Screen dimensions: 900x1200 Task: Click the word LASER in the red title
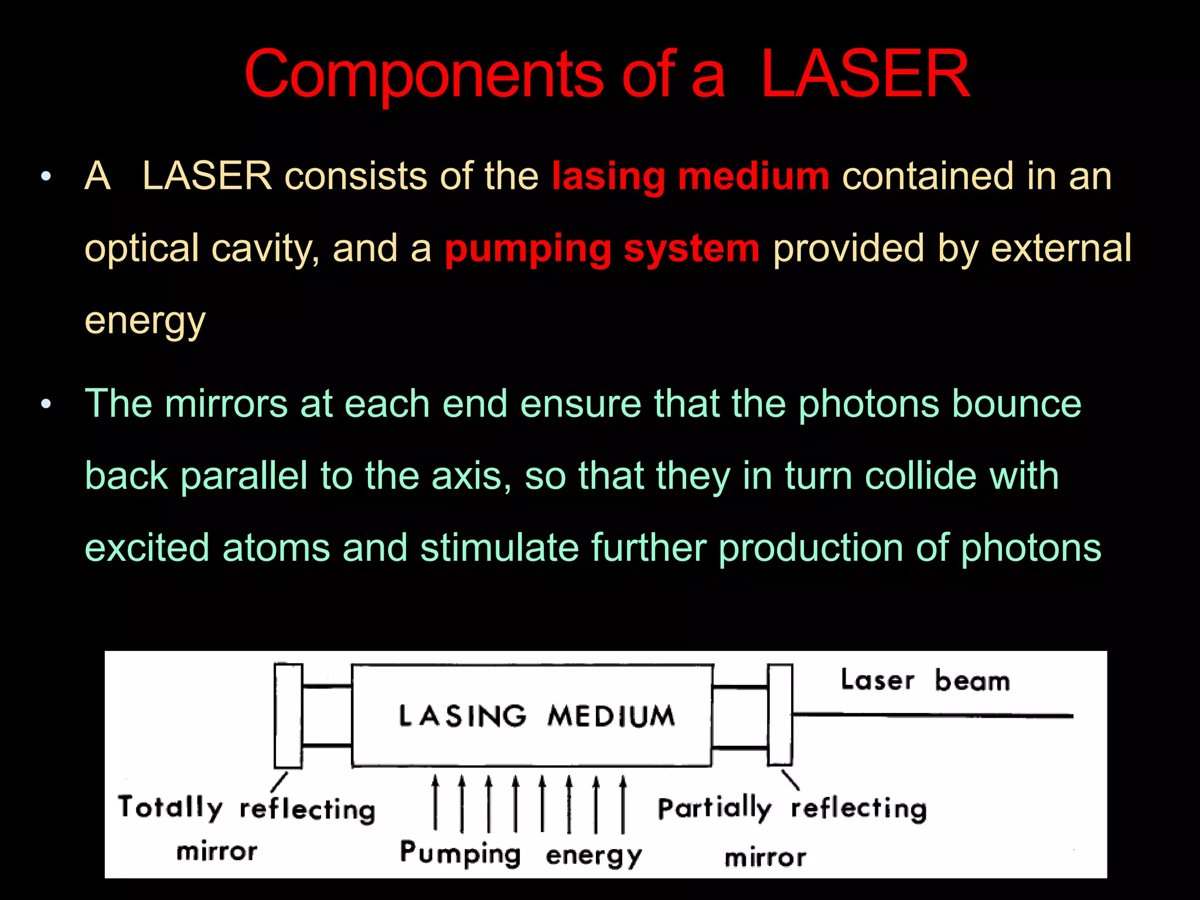pyautogui.click(x=865, y=74)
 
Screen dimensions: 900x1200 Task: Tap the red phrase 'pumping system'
pyautogui.click(x=602, y=248)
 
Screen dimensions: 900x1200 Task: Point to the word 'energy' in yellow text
pyautogui.click(x=145, y=321)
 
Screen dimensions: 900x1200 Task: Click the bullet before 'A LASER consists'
pyautogui.click(x=46, y=176)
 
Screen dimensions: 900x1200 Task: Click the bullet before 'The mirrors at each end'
pyautogui.click(x=46, y=404)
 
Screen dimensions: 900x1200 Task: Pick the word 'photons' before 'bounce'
pyautogui.click(x=868, y=404)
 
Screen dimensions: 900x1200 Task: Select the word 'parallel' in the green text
pyautogui.click(x=244, y=475)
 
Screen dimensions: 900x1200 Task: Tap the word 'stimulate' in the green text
pyautogui.click(x=499, y=548)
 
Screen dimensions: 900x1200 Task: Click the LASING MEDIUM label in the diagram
pyautogui.click(x=536, y=716)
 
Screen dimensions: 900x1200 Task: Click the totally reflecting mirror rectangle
pyautogui.click(x=288, y=715)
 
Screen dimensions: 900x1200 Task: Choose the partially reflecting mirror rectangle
pyautogui.click(x=780, y=714)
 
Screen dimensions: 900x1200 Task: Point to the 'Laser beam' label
pyautogui.click(x=925, y=680)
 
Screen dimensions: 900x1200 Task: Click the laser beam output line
pyautogui.click(x=932, y=715)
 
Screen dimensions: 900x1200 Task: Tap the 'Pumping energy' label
pyautogui.click(x=520, y=854)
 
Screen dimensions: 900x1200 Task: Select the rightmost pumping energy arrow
pyautogui.click(x=623, y=804)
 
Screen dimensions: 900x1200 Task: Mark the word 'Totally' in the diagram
pyautogui.click(x=170, y=807)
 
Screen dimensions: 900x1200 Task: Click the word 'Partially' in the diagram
pyautogui.click(x=714, y=809)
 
